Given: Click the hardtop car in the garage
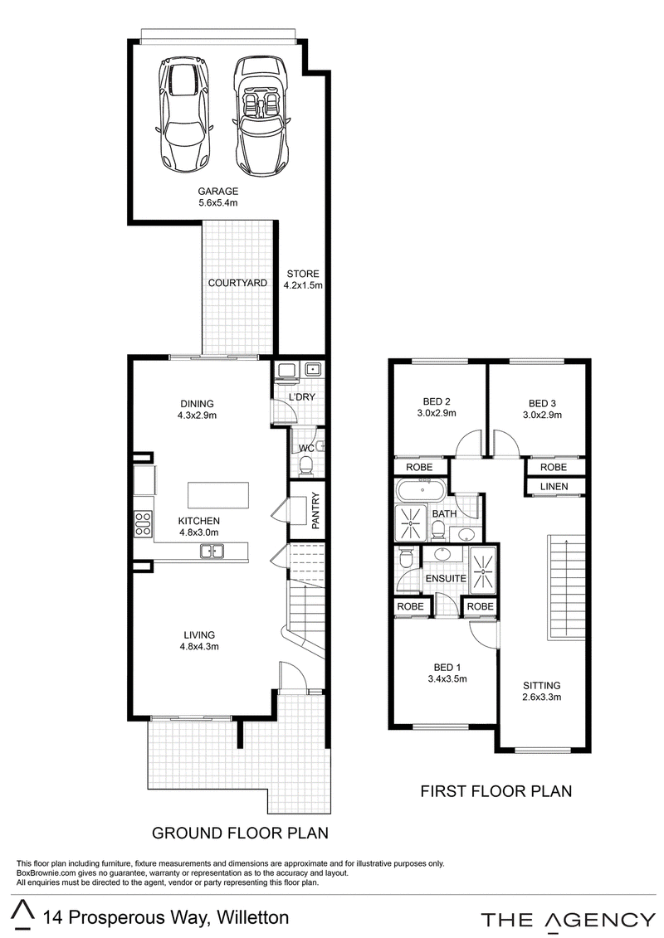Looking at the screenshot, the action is (x=183, y=114).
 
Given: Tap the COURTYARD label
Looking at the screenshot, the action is (x=237, y=282).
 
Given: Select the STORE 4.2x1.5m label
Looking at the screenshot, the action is (x=303, y=279).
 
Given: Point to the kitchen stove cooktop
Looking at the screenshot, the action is (x=143, y=523).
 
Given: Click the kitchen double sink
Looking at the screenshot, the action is (x=212, y=551).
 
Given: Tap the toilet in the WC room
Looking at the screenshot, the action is (x=306, y=464).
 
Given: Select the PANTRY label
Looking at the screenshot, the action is (x=316, y=510).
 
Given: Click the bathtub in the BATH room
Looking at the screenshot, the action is (x=420, y=490).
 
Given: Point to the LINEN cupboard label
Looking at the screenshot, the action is (x=554, y=486).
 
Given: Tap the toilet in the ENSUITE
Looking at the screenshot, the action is (x=405, y=559).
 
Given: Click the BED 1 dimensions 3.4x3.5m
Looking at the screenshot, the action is (x=447, y=679).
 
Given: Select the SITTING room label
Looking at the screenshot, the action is (x=542, y=686).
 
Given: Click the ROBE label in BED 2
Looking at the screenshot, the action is (x=419, y=467).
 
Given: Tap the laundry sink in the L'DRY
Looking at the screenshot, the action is (x=313, y=369).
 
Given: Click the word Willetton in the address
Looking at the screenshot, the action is (x=252, y=917).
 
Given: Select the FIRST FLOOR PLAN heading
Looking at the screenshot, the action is (x=496, y=791).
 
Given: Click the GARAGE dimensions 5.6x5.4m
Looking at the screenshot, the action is (x=218, y=203).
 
